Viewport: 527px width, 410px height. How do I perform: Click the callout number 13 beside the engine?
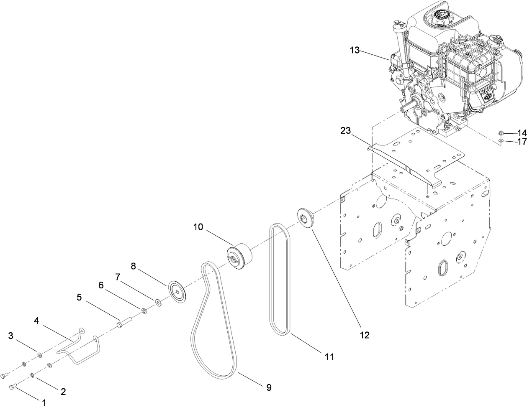(355, 50)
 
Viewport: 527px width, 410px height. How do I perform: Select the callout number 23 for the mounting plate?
(345, 130)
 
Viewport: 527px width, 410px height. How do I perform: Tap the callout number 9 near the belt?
(269, 387)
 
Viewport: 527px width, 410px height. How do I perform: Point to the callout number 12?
(365, 335)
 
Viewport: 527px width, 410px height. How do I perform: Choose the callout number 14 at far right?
(521, 133)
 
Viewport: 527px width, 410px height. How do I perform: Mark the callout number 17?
(521, 142)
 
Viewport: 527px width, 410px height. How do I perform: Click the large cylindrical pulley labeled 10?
(239, 256)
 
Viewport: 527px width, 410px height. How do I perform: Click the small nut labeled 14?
(501, 133)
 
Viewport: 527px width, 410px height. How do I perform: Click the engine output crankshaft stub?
(404, 107)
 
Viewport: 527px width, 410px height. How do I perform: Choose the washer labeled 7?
(158, 302)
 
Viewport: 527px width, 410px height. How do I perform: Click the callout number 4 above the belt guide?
(36, 320)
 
